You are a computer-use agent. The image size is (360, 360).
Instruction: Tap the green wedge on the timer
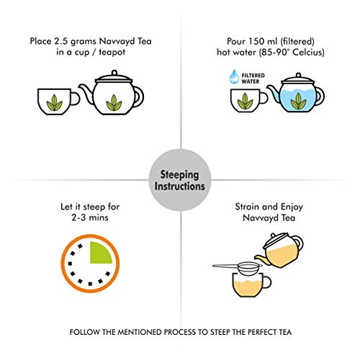pos(97,252)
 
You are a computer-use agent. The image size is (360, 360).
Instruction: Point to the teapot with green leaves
pos(113,99)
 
